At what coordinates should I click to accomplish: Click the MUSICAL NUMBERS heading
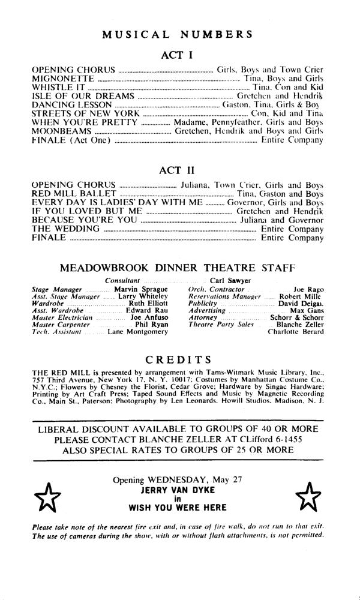click(177, 35)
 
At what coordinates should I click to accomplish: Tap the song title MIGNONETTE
click(62, 78)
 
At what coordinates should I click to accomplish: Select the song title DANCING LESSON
click(71, 104)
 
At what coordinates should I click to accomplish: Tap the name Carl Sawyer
click(230, 280)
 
